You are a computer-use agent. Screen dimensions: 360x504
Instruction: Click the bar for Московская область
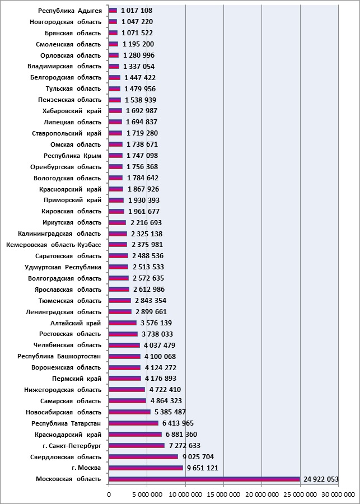[x=204, y=479]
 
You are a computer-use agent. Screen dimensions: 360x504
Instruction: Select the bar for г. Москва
[x=146, y=468]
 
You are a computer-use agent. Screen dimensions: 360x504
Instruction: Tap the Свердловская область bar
[x=143, y=457]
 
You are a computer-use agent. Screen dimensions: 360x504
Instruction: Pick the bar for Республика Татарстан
[x=133, y=423]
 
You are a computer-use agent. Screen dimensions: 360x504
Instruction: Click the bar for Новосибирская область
[x=129, y=412]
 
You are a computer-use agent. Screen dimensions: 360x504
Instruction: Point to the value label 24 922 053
[x=320, y=479]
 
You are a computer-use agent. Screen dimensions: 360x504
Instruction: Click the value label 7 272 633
[x=184, y=446]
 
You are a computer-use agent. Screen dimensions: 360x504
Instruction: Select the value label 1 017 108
[x=137, y=11]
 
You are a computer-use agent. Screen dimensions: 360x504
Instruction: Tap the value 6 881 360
[x=181, y=435]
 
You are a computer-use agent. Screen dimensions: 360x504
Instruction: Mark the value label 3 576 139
[x=156, y=323]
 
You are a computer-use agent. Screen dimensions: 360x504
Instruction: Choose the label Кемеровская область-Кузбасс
[x=54, y=245]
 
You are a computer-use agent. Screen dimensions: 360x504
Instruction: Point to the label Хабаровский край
[x=72, y=111]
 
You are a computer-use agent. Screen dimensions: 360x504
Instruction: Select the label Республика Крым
[x=73, y=156]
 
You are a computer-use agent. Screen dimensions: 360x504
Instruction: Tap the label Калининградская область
[x=59, y=234]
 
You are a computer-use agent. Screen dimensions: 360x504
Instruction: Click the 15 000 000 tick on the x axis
[x=223, y=494]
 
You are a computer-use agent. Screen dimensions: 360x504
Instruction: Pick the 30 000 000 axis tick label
[x=338, y=494]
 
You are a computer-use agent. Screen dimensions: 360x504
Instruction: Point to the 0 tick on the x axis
[x=109, y=494]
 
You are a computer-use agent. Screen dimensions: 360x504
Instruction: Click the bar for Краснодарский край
[x=135, y=435]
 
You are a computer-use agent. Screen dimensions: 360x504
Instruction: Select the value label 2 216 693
[x=146, y=223]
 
